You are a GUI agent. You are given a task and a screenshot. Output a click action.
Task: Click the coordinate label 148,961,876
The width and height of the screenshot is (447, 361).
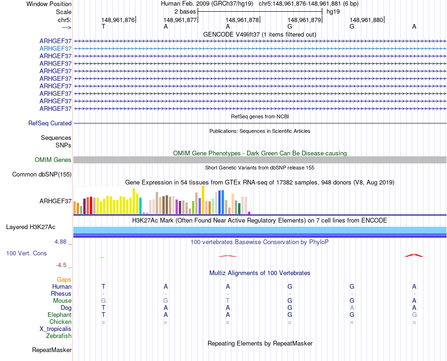118,20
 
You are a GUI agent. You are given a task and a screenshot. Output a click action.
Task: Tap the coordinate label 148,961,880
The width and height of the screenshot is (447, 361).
367,20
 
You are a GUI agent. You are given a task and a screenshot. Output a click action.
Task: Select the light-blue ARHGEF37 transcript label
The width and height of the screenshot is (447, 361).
56,48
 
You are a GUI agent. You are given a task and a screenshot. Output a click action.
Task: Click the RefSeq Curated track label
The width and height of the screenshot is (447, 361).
50,123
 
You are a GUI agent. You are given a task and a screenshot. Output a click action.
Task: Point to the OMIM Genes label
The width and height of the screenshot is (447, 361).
53,160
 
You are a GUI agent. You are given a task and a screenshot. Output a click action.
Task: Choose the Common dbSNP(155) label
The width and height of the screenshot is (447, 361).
42,175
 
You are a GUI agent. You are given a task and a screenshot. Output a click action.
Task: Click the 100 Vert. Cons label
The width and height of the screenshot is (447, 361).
26,253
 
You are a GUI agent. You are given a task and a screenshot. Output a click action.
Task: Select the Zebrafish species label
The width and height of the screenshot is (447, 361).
59,336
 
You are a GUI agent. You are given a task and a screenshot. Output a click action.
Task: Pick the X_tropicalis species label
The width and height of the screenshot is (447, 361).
56,329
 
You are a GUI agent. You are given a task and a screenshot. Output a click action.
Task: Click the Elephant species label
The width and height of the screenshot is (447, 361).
59,315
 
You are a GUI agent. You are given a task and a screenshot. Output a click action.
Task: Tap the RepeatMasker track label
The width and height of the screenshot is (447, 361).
52,350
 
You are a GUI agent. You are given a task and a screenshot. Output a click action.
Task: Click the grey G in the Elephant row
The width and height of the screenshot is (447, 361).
414,315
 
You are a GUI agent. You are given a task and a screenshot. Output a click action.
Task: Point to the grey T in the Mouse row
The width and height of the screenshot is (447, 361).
228,300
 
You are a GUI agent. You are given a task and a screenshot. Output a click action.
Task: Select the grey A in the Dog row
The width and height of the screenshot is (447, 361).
352,307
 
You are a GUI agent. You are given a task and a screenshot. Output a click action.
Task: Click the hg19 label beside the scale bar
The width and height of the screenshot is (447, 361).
333,11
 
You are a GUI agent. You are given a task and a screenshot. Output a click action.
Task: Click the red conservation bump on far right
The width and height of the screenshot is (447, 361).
414,255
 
